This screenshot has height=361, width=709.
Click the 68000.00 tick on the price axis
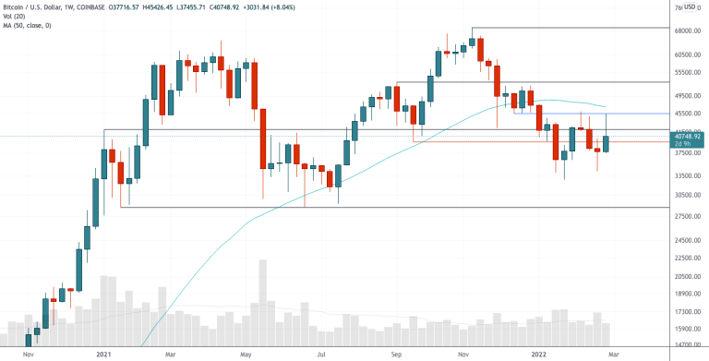pyautogui.click(x=683, y=30)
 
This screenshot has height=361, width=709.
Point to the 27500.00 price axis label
pyautogui.click(x=683, y=216)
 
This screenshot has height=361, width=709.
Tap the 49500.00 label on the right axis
pyautogui.click(x=683, y=95)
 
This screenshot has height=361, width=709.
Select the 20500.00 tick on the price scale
pyautogui.click(x=683, y=276)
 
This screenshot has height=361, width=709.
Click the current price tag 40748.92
pyautogui.click(x=684, y=136)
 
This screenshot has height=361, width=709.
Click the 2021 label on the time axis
pyautogui.click(x=103, y=354)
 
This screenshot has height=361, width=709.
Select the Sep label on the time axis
pyautogui.click(x=395, y=354)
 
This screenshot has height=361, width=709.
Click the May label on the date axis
pyautogui.click(x=246, y=354)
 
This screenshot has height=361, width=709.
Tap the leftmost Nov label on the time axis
pyautogui.click(x=28, y=354)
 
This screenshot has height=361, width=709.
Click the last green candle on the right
pyautogui.click(x=606, y=143)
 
